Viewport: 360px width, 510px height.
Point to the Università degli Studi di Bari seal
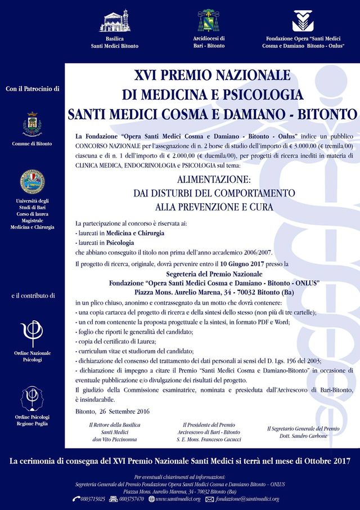tap(31, 180)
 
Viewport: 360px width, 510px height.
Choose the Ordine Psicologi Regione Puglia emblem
tap(31, 398)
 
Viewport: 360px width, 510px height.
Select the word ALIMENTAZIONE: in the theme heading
tap(211, 180)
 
